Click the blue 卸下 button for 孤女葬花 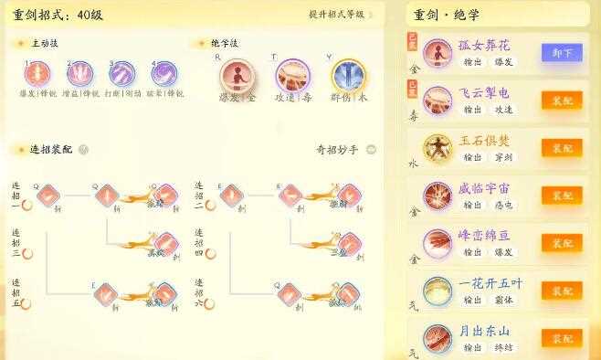click(x=562, y=53)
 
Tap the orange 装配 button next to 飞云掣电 click(x=562, y=101)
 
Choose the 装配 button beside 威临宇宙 click(x=562, y=196)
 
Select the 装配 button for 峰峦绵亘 click(x=562, y=243)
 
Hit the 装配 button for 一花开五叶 click(x=562, y=291)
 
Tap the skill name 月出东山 click(x=484, y=331)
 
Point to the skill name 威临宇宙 click(x=484, y=188)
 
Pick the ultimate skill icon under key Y click(x=347, y=75)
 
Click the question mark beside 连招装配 click(x=83, y=150)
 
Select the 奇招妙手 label click(x=337, y=150)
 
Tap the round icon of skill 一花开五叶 click(x=438, y=291)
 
